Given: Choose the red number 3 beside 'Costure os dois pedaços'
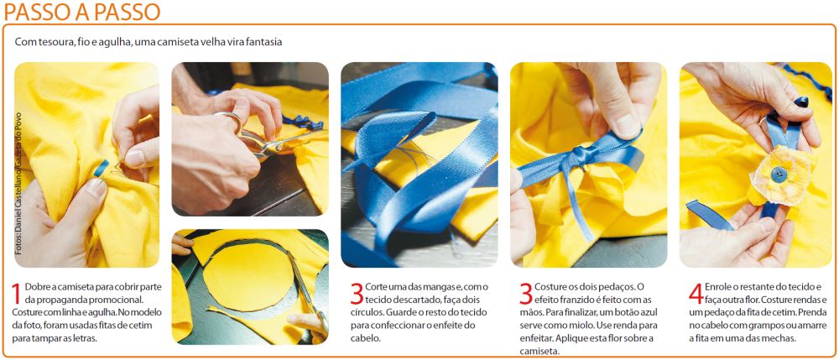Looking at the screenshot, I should (x=525, y=294).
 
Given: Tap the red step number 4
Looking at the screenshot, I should (x=696, y=294).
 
